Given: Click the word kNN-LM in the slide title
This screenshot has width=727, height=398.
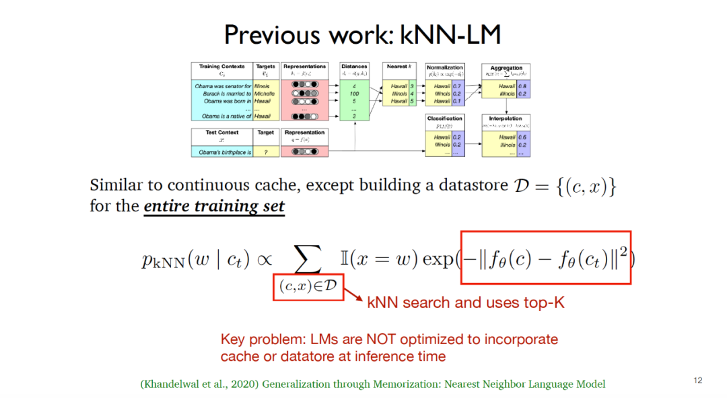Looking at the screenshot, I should pyautogui.click(x=450, y=34).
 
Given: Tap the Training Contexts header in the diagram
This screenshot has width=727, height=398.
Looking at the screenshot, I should pyautogui.click(x=222, y=67).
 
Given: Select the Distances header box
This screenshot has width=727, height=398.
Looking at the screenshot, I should pyautogui.click(x=354, y=67).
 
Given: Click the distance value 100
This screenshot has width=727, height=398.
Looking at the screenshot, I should pyautogui.click(x=354, y=94).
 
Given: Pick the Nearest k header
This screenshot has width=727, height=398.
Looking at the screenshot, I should pyautogui.click(x=399, y=67).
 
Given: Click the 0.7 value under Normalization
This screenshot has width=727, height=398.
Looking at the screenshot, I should pyautogui.click(x=456, y=86).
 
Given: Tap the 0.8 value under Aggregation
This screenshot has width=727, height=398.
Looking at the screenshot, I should pyautogui.click(x=522, y=86).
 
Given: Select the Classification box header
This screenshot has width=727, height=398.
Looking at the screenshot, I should pyautogui.click(x=444, y=119).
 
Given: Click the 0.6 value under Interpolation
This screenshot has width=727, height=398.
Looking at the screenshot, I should pyautogui.click(x=522, y=137).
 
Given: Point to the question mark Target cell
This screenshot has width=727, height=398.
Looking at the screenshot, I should pyautogui.click(x=266, y=152).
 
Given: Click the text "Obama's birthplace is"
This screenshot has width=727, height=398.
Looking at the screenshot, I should pyautogui.click(x=222, y=152).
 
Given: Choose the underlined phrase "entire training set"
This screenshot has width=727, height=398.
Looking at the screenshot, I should pyautogui.click(x=214, y=206).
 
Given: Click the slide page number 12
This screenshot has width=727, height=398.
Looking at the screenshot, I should pyautogui.click(x=698, y=380).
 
